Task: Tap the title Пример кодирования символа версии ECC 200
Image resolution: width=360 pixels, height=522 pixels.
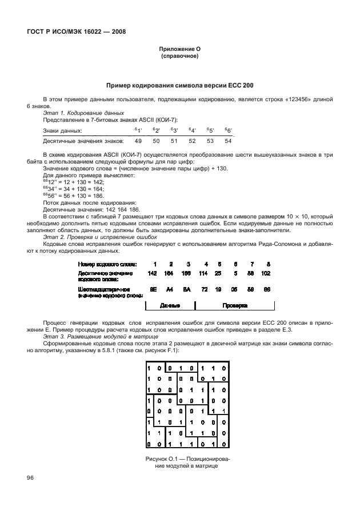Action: (179, 85)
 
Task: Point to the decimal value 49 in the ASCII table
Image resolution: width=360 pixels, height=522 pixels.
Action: (138, 141)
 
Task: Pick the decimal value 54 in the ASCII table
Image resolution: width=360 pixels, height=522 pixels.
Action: (228, 141)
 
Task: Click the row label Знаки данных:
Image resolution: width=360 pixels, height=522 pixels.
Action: (62, 131)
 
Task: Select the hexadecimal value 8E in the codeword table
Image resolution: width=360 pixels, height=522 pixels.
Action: (153, 290)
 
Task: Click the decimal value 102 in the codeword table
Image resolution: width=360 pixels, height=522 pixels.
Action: (267, 273)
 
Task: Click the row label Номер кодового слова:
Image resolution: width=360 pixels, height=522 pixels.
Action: (107, 263)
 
